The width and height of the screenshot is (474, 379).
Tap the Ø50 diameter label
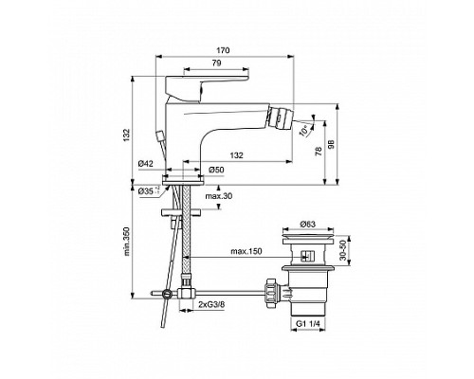pos(216,169)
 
